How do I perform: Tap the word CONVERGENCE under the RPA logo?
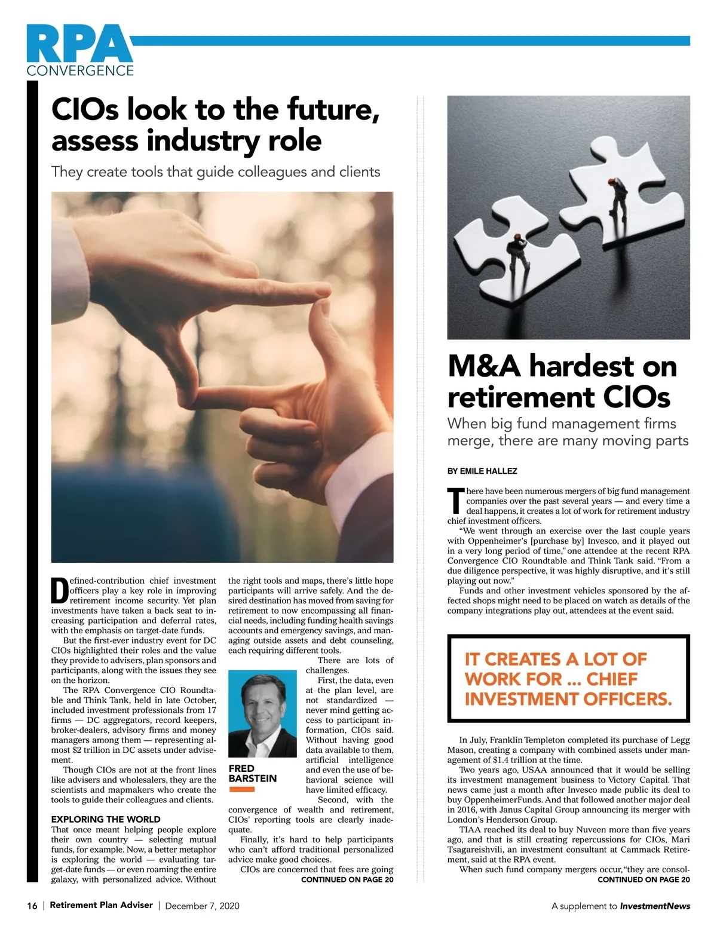80,70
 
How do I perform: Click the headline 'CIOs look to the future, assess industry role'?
216,125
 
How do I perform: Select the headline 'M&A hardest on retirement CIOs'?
562,381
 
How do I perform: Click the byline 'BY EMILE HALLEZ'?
482,471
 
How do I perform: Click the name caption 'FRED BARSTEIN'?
253,773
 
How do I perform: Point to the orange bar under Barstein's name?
242,789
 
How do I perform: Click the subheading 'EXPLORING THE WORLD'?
106,819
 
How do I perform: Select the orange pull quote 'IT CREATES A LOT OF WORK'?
568,679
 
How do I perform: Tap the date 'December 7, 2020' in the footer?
202,906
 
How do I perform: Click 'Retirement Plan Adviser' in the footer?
101,905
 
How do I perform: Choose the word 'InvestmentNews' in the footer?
655,906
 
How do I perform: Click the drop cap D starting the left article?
59,590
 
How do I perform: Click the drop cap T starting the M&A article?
456,501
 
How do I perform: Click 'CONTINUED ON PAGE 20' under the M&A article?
644,879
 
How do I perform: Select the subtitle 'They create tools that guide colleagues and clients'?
216,172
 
